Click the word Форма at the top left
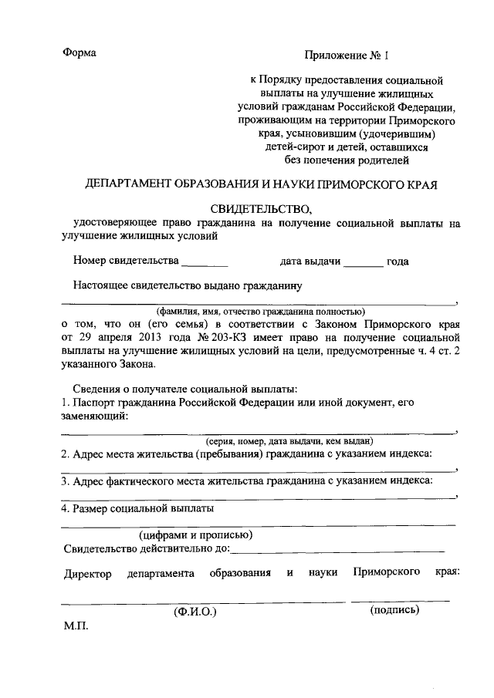[x=80, y=53]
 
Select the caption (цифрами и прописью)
[x=195, y=534]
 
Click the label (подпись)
[x=394, y=609]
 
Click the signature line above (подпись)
[x=400, y=599]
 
